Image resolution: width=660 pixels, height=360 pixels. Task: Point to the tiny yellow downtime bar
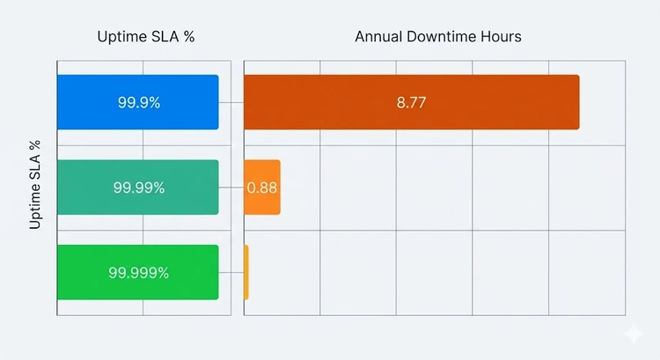click(x=246, y=272)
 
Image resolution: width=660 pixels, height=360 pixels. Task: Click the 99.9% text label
click(x=139, y=102)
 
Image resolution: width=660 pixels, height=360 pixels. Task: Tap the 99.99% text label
click(x=139, y=187)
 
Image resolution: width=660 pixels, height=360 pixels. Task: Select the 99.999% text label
click(x=139, y=272)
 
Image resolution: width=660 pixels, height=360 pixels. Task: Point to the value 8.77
click(x=411, y=102)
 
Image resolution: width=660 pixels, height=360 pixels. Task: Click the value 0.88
click(x=261, y=187)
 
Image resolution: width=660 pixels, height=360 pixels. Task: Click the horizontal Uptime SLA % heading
click(x=145, y=37)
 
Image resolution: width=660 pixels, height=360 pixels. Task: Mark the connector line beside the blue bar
click(x=231, y=102)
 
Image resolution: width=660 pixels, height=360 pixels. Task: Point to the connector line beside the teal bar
click(x=231, y=187)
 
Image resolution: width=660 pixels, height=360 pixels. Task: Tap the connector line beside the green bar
click(x=231, y=272)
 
